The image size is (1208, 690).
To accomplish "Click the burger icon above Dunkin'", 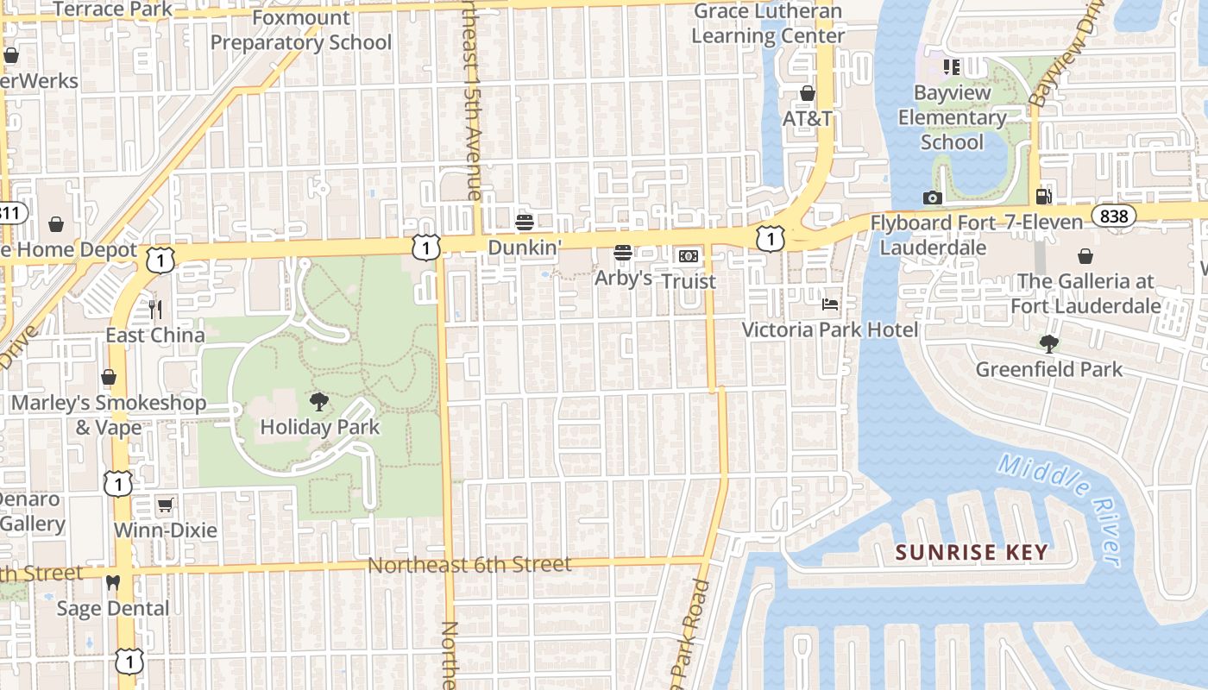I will [524, 223].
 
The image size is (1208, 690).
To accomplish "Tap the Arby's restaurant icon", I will [623, 253].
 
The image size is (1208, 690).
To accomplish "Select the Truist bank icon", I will [688, 256].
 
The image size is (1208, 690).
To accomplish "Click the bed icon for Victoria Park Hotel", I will [830, 304].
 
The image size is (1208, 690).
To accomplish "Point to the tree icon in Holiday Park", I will [319, 401].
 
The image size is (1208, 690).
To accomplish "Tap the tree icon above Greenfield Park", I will [1049, 344].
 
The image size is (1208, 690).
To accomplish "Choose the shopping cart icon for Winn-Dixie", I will [165, 505].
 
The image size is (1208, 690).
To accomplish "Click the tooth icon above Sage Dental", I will [112, 583].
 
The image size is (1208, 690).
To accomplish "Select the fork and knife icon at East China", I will [155, 309].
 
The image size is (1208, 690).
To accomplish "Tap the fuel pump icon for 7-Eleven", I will [1044, 198].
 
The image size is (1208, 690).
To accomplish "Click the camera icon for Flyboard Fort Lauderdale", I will [932, 198].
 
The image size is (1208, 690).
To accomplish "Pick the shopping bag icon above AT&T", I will [808, 93].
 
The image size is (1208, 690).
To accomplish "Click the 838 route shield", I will [1114, 216].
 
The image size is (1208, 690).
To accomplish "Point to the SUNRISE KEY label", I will [972, 552].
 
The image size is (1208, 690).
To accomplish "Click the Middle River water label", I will [1061, 509].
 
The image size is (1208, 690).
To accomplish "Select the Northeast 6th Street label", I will [469, 566].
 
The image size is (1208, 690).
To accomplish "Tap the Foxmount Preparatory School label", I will [301, 30].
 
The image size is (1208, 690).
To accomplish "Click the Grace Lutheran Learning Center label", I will [768, 24].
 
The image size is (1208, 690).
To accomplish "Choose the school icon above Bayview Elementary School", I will [952, 67].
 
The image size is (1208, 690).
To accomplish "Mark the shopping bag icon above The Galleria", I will [1085, 256].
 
